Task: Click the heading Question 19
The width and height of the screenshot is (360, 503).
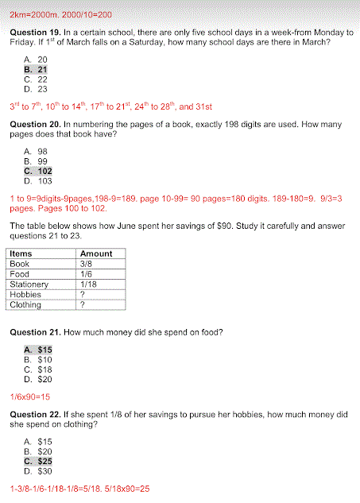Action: [33, 33]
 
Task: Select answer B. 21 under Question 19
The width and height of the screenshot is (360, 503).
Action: [36, 69]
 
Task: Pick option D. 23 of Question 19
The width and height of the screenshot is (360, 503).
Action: [36, 89]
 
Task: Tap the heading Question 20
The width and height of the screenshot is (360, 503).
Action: [33, 125]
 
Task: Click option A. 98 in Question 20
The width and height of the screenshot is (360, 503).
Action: [36, 151]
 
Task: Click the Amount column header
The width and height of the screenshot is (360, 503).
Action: [96, 253]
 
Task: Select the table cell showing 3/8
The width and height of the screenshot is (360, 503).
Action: [87, 264]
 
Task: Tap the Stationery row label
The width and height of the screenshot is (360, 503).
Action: [29, 284]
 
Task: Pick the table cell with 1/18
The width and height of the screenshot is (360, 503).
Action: [89, 284]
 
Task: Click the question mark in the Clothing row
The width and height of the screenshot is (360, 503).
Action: [83, 304]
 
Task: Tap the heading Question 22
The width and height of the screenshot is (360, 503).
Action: [33, 415]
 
